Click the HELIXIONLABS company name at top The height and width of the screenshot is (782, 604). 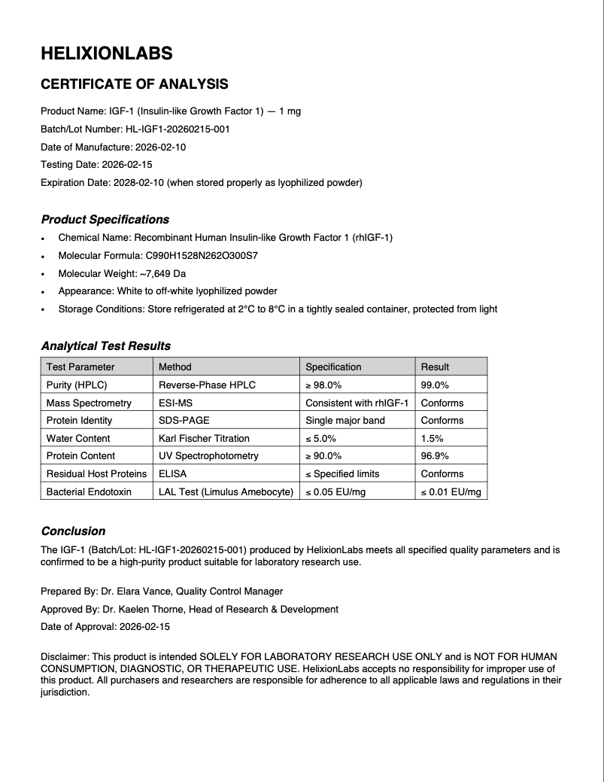[x=106, y=53]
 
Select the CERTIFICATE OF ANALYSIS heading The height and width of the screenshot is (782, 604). [x=134, y=84]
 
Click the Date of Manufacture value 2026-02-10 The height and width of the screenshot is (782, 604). [x=160, y=147]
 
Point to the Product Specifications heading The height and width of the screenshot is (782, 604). [x=105, y=220]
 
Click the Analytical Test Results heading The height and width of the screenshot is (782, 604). [x=105, y=346]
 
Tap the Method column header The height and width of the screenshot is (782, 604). [x=175, y=367]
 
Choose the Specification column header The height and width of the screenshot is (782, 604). [x=333, y=367]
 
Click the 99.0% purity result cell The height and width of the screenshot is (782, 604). [x=435, y=385]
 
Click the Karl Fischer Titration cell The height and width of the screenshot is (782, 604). [x=204, y=438]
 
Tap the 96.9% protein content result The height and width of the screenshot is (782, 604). [x=435, y=455]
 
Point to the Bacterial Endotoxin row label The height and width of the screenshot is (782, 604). [x=89, y=491]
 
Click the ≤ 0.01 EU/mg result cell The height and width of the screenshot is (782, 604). [x=451, y=491]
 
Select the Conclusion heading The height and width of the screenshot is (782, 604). [x=73, y=531]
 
